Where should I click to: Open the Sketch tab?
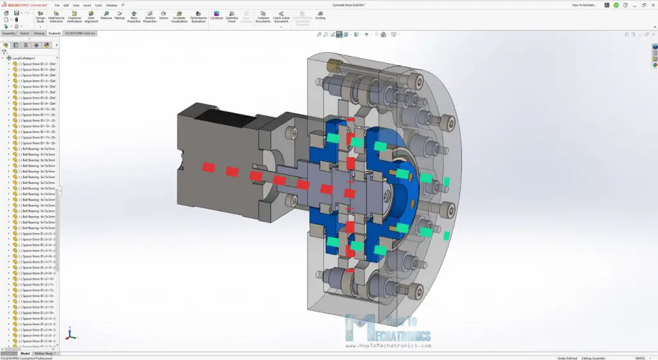coord(24,32)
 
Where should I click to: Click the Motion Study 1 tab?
coord(44,353)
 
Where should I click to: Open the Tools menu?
coord(98,4)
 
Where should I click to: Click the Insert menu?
coord(87,4)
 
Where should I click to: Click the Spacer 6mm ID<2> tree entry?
coord(35,64)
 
